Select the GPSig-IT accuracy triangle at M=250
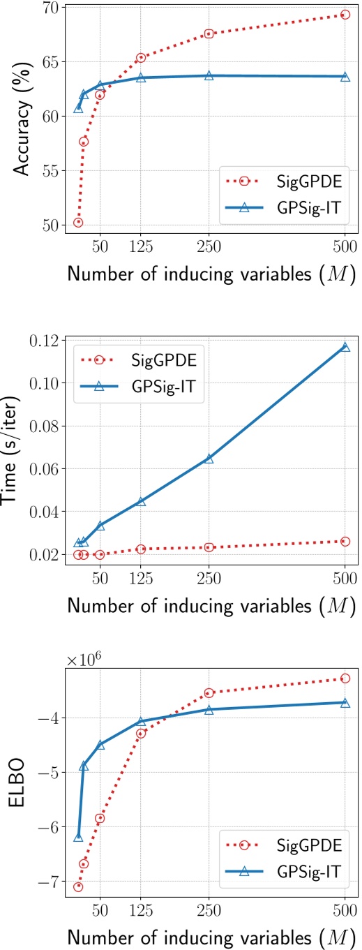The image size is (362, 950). [x=209, y=75]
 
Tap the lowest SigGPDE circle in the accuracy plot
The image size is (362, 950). [x=78, y=223]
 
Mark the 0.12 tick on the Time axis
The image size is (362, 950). [x=47, y=340]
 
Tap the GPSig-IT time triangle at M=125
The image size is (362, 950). [x=141, y=502]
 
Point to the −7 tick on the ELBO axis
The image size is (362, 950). [x=52, y=882]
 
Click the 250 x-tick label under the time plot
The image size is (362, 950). [x=209, y=579]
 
